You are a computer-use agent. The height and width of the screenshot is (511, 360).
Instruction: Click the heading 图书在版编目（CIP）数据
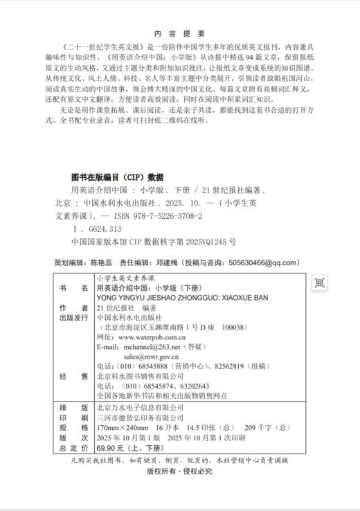coord(117,177)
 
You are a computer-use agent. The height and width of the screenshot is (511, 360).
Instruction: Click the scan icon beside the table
coord(319,283)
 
